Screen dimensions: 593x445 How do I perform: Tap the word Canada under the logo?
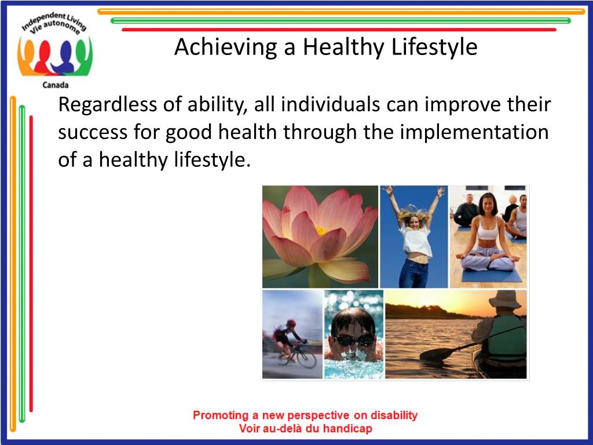56,85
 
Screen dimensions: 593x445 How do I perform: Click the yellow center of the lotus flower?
321,230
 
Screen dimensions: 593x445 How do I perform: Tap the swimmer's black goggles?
354,340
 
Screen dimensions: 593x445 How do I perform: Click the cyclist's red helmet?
291,323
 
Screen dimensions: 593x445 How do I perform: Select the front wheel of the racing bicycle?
306,358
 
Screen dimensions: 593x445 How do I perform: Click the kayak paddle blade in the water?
434,355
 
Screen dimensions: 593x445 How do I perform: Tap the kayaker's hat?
505,299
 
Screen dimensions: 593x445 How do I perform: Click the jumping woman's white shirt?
416,240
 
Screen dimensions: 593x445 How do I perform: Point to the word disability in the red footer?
394,415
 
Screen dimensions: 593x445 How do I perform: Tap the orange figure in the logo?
27,57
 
